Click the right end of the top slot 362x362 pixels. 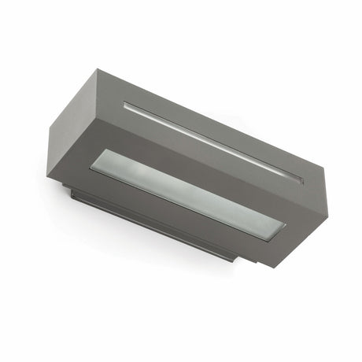pos(300,179)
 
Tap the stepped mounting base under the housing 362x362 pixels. pos(150,222)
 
